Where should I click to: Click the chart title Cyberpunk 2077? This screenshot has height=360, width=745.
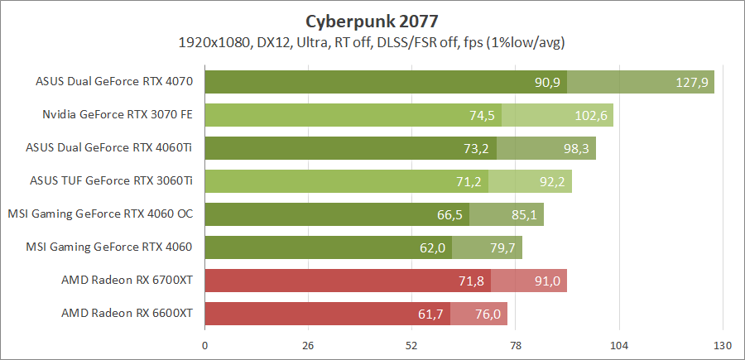[x=372, y=19]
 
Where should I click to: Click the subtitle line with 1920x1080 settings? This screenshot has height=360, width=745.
[x=372, y=41]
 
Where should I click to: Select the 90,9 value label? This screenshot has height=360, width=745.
[x=547, y=82]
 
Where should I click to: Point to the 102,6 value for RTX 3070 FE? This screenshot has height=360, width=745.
[x=592, y=115]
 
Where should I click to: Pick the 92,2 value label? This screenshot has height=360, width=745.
[x=552, y=181]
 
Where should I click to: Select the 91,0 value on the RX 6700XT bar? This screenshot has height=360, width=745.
[x=547, y=281]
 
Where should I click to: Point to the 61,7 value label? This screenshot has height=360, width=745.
[x=430, y=314]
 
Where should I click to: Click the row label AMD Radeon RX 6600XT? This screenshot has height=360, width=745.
[x=127, y=314]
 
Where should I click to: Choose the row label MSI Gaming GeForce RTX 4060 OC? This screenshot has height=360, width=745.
[x=100, y=214]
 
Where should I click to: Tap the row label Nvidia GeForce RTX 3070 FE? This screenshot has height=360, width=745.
[x=118, y=115]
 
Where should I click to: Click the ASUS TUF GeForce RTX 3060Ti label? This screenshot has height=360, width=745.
[x=111, y=181]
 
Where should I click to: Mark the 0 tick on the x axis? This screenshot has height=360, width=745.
[x=204, y=344]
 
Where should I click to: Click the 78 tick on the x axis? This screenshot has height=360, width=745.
[x=516, y=344]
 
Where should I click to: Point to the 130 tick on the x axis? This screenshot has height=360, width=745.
[x=723, y=344]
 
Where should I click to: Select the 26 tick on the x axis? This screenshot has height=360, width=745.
[x=308, y=344]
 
